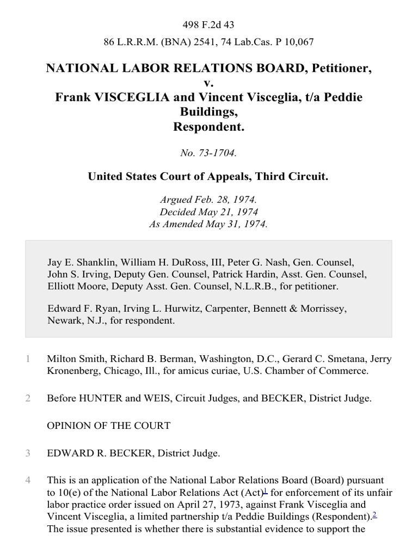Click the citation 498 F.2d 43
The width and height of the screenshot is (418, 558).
209,25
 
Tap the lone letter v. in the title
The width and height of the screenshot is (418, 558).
209,83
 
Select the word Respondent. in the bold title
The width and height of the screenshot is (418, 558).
209,127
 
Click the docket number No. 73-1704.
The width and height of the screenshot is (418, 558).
209,154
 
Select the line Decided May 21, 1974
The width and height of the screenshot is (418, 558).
209,213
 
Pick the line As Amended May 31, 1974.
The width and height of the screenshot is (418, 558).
209,224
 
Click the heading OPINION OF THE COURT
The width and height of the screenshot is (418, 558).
109,426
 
